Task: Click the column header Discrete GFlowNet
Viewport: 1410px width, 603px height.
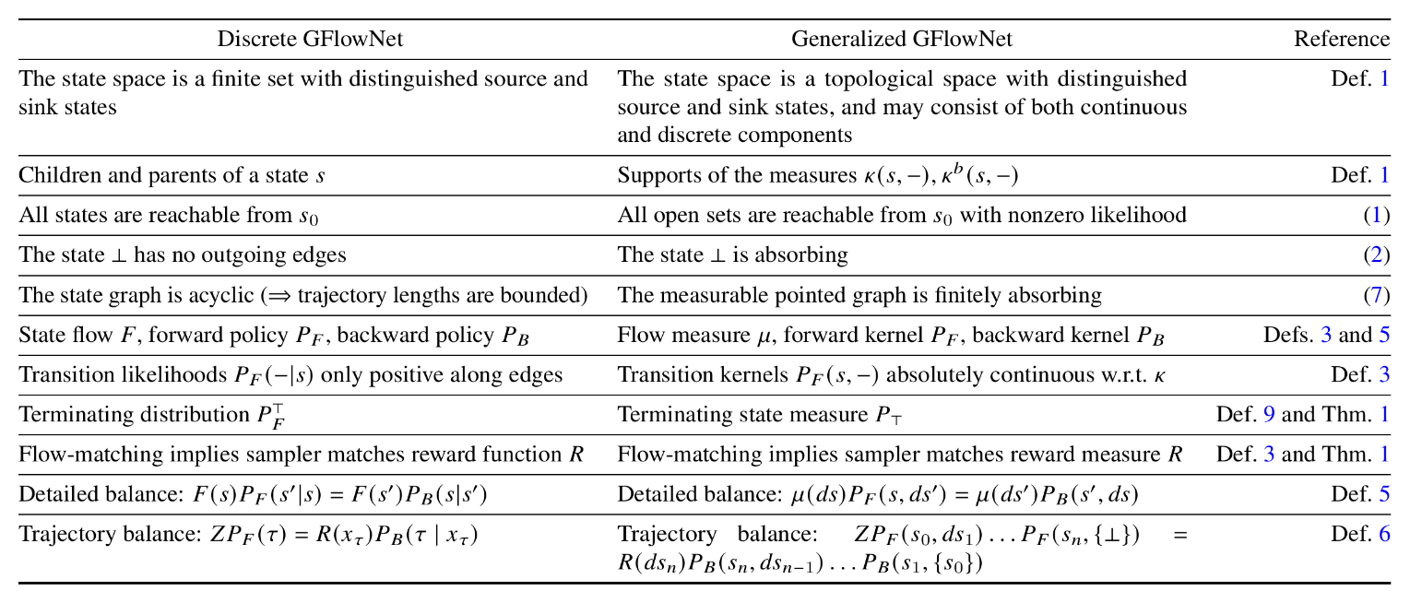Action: [310, 39]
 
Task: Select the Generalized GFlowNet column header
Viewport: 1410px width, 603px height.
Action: [902, 39]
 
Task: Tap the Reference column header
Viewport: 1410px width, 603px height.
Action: [1342, 39]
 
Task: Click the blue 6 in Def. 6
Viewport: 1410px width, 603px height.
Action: [1383, 533]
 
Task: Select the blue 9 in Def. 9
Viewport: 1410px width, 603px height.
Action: [1269, 414]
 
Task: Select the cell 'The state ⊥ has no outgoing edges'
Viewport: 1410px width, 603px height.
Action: [183, 254]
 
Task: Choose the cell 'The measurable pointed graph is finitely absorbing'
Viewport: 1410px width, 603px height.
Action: [859, 295]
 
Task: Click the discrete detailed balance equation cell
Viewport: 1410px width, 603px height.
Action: [253, 494]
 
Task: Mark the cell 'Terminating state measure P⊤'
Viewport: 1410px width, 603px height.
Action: [765, 414]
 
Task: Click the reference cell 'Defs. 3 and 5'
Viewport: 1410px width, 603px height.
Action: [1326, 335]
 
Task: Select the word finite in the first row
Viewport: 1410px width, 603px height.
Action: [243, 79]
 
